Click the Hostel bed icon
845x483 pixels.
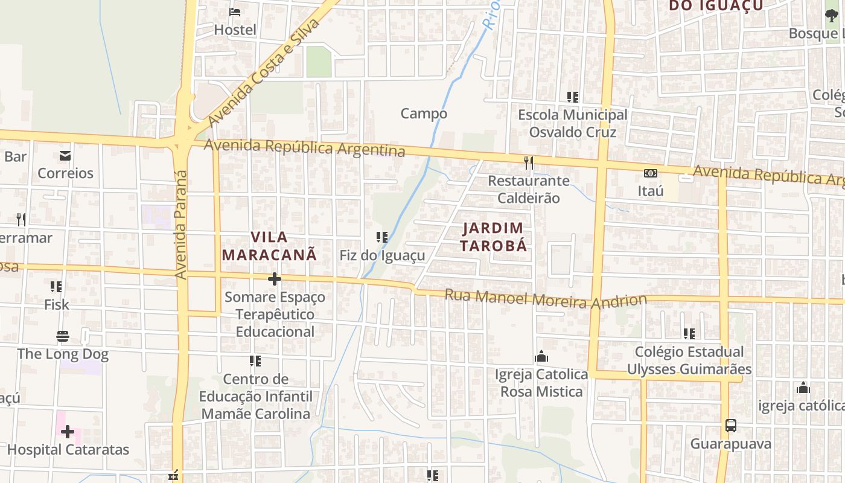(235, 11)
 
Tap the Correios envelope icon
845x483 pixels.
(65, 156)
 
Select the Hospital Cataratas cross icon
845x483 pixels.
(68, 432)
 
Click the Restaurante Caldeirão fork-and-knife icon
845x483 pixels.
(529, 162)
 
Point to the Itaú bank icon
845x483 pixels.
(650, 173)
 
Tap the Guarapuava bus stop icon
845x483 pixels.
(730, 426)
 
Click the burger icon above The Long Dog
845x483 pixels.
(63, 336)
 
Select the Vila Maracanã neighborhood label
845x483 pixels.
(269, 246)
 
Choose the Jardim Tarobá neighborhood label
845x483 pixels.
(494, 237)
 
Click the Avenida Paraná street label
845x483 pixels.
(181, 225)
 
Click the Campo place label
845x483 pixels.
(424, 114)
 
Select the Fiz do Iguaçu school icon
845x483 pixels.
(381, 237)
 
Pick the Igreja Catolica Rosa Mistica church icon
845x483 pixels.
(541, 356)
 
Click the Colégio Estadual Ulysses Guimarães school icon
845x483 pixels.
(689, 333)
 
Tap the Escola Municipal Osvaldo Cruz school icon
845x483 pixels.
(572, 97)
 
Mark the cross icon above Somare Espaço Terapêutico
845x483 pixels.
(275, 279)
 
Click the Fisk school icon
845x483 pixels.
(56, 286)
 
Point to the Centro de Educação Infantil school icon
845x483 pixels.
(255, 361)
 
